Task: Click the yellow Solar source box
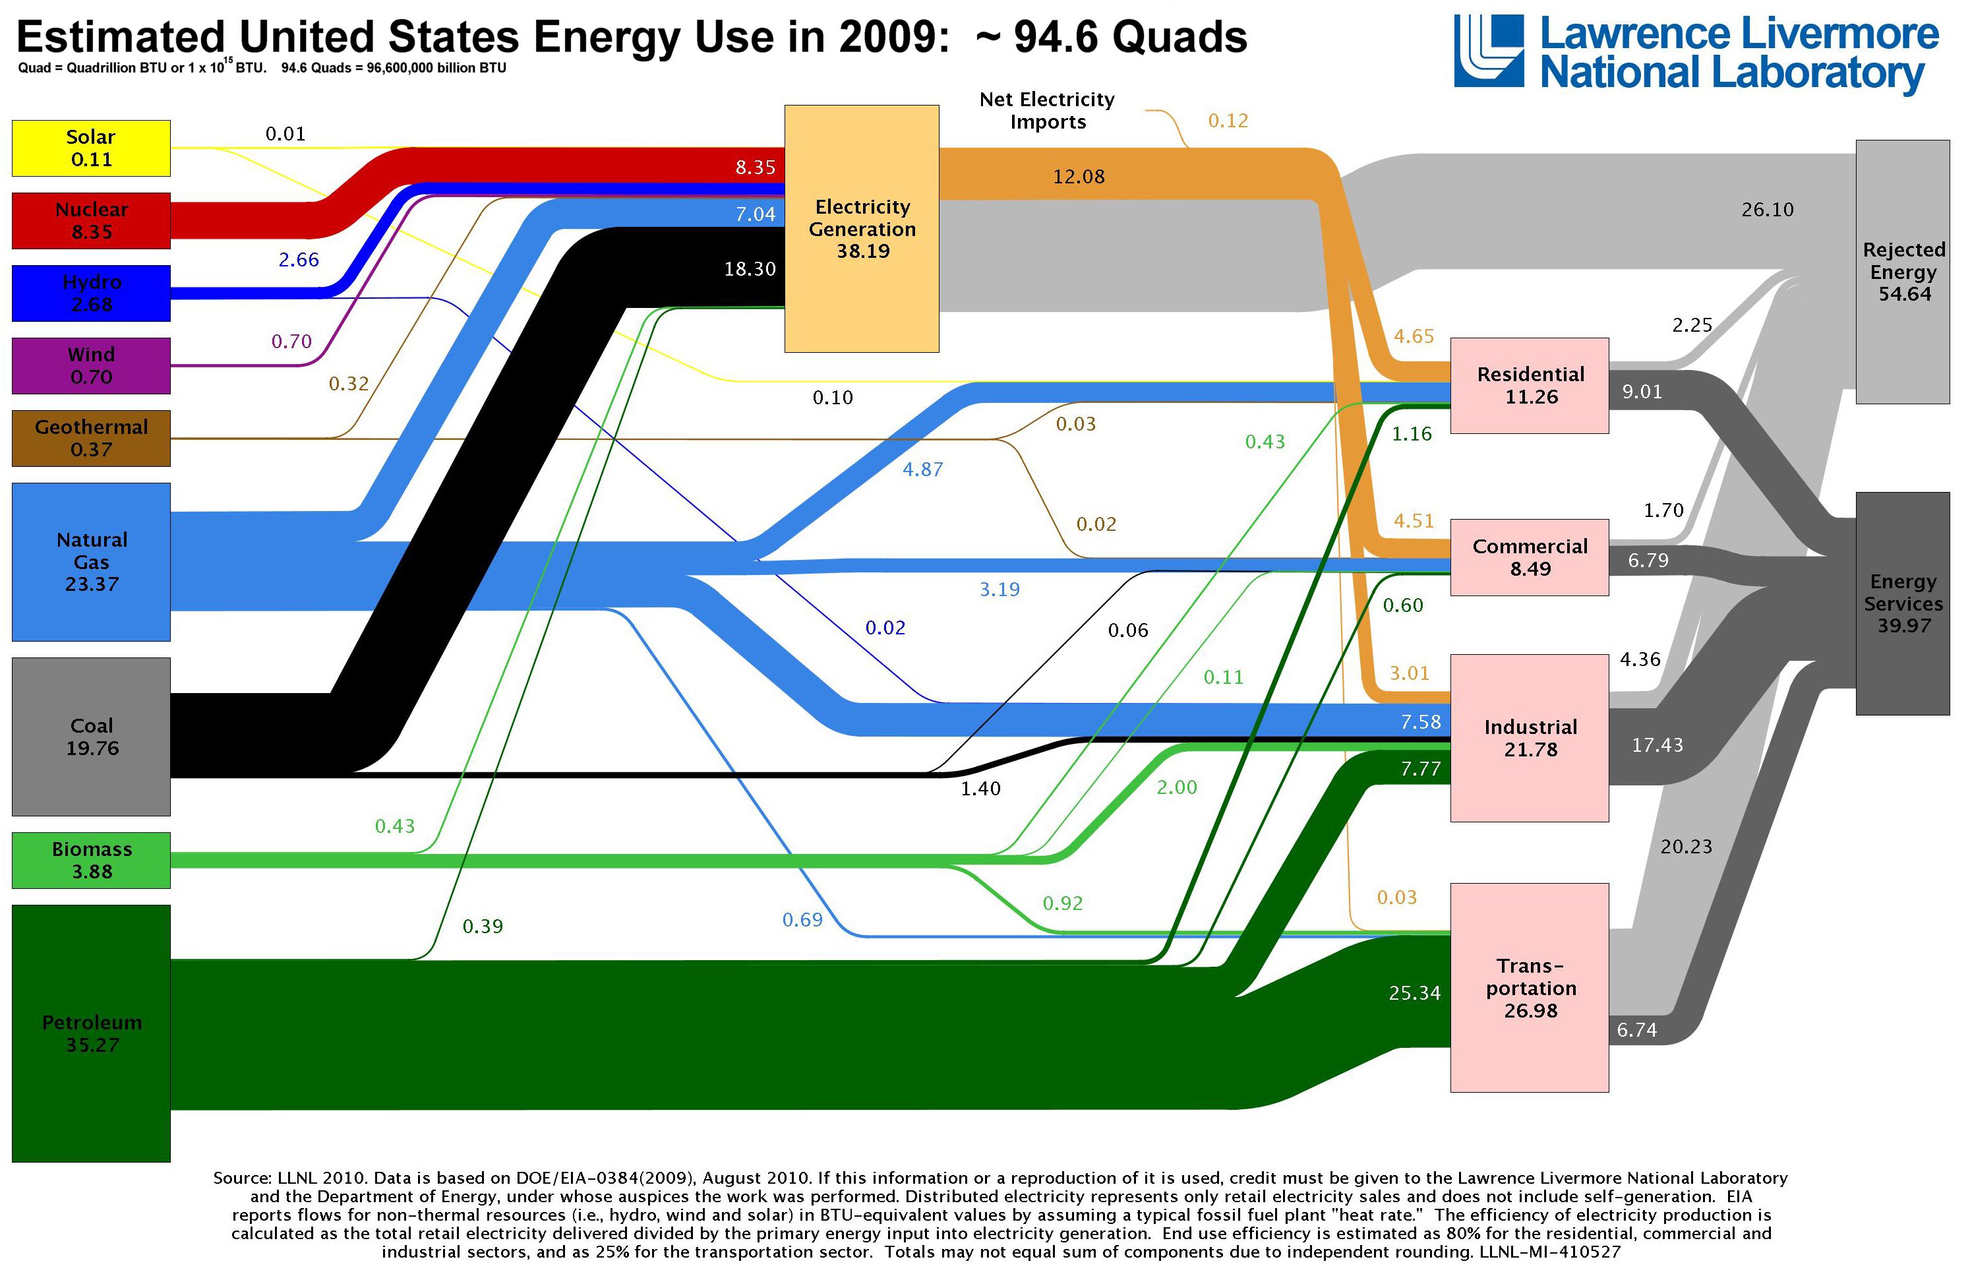pos(91,148)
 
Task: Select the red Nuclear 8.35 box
pos(91,220)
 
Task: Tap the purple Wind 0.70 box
pos(91,365)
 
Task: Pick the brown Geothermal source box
pos(91,438)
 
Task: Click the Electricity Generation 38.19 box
pos(862,229)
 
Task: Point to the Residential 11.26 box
pos(1530,385)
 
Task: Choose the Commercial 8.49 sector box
pos(1530,557)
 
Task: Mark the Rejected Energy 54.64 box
pos(1903,272)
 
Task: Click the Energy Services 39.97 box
pos(1903,603)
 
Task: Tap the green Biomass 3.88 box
pos(91,860)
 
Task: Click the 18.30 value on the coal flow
pos(750,268)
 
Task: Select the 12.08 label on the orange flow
pos(1079,176)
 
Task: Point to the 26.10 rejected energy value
pos(1767,210)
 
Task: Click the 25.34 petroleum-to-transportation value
pos(1415,992)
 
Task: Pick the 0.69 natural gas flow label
pos(802,919)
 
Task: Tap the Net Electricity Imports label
pos(1047,110)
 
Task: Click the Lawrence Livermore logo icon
pos(1488,51)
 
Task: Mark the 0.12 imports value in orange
pos(1228,121)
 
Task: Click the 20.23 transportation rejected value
pos(1686,846)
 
